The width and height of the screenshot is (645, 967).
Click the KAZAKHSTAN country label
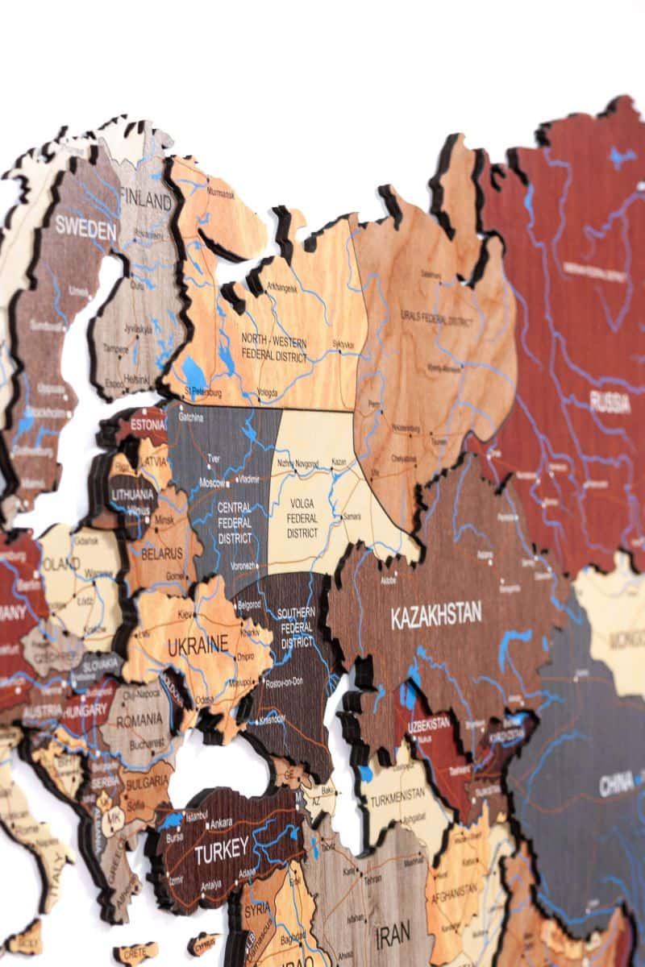click(436, 616)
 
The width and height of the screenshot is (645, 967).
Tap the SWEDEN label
click(85, 227)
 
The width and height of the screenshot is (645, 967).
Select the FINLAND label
click(146, 197)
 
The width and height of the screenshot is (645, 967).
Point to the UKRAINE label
click(198, 645)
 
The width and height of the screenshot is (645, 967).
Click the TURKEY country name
click(222, 849)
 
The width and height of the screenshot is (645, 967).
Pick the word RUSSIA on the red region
click(610, 402)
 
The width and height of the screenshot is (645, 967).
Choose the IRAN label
click(393, 933)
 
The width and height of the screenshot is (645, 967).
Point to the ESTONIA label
click(148, 424)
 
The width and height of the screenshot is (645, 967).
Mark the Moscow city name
click(214, 483)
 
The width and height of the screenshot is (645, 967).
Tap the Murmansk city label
click(220, 195)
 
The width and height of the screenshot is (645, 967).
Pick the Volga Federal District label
click(302, 519)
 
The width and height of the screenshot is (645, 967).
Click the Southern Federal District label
click(297, 628)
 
